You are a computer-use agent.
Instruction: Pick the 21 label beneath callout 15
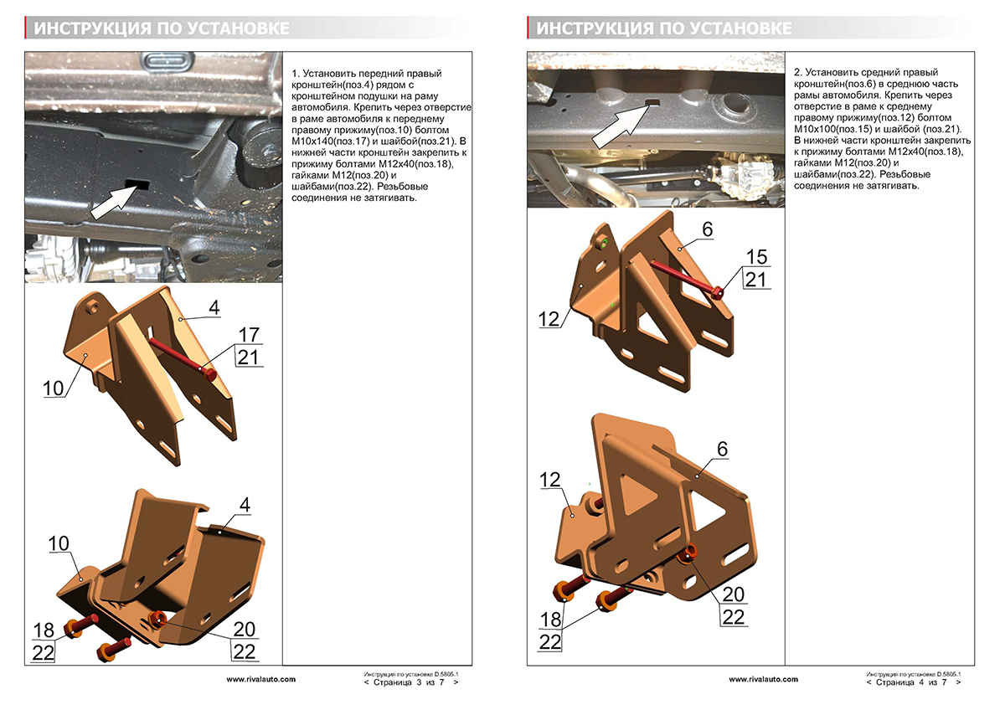[x=756, y=280]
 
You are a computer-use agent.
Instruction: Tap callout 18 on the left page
[x=44, y=630]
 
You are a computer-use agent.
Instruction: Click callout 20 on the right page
[x=733, y=594]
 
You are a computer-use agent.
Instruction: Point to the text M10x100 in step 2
[x=817, y=131]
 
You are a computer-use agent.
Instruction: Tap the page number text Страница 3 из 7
[x=411, y=682]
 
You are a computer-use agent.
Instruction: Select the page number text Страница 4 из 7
[x=914, y=682]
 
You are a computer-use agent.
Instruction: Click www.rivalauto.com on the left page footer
[x=260, y=679]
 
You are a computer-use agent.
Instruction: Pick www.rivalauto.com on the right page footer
[x=763, y=679]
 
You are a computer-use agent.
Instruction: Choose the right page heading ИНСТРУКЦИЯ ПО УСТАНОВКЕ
[x=664, y=28]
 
